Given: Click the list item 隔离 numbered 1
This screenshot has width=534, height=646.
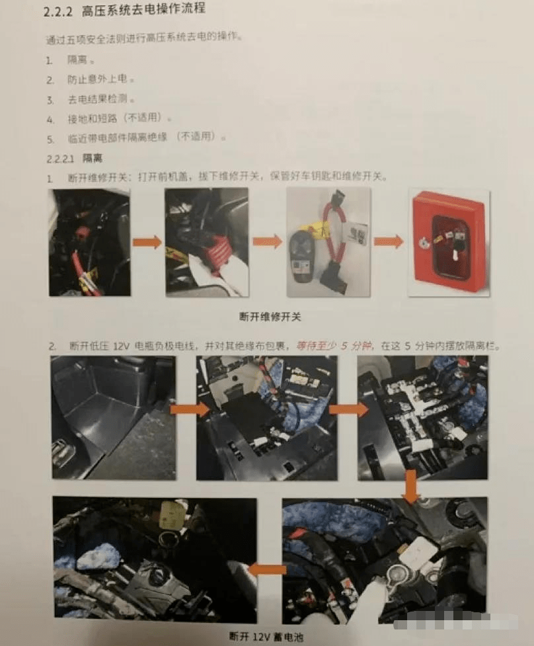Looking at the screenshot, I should pos(77,60).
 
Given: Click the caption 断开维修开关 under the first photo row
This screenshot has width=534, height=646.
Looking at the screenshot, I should pos(270,317).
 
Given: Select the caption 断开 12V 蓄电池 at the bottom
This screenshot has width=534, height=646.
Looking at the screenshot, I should pos(268,637).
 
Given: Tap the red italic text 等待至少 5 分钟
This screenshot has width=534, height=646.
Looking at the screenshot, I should pos(334,346).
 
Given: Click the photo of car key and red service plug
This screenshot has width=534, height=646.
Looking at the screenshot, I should pos(328,242).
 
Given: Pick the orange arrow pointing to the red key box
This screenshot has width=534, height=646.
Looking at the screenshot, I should pos(389,242).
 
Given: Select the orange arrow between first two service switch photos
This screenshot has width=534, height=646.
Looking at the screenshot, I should pos(147,242).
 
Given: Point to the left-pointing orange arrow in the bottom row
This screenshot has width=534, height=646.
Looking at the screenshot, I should pos(268,569).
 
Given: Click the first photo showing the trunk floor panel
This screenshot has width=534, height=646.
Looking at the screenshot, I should pos(113,417).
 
